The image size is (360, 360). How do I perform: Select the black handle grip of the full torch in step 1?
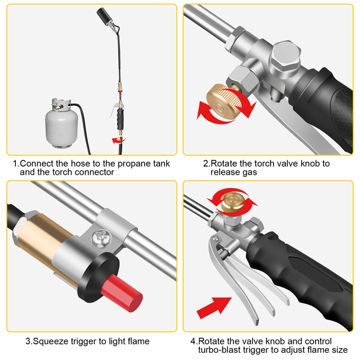121,119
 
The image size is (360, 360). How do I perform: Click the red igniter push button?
121,293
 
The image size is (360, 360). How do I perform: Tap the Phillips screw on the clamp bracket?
102,238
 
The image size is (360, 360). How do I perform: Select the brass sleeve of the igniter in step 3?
44,241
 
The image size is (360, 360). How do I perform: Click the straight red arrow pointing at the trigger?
214,308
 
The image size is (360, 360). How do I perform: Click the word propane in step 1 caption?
134,164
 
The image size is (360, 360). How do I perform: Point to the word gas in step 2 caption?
249,173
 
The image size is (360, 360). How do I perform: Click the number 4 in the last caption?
193,341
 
